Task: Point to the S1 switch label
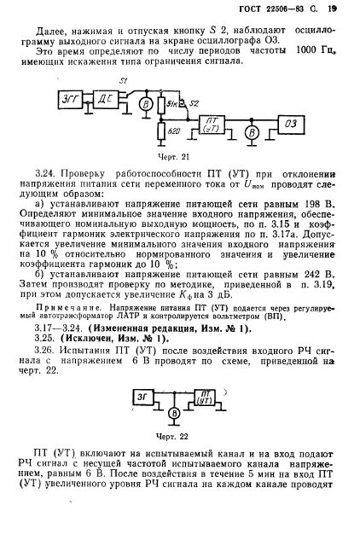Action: [x=124, y=80]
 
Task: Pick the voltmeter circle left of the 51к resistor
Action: [x=146, y=107]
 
